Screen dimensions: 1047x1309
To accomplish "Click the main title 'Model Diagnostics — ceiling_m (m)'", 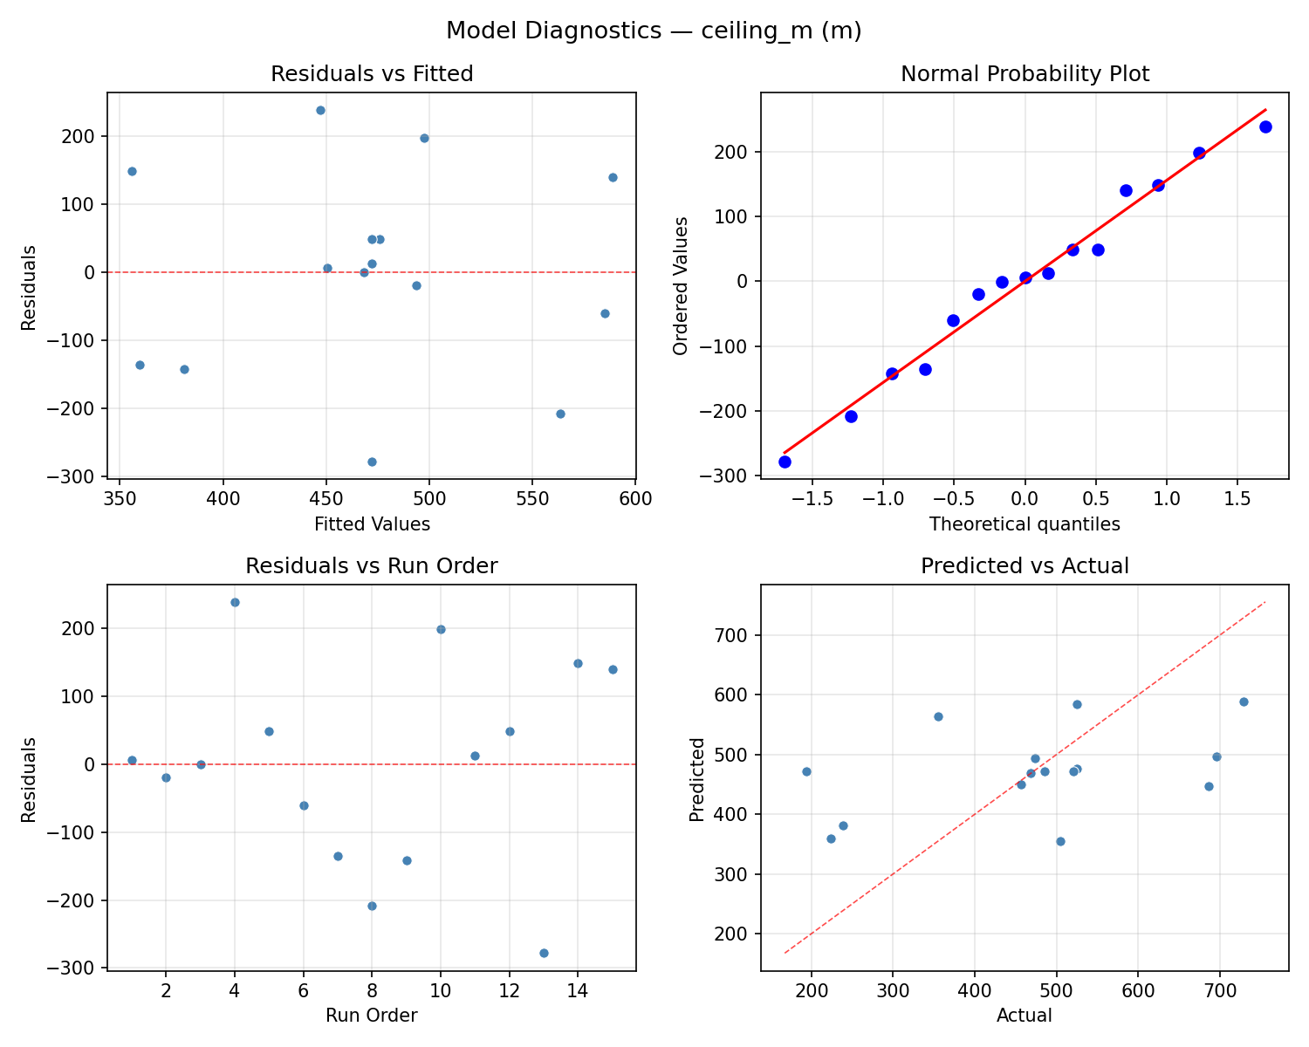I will [x=654, y=31].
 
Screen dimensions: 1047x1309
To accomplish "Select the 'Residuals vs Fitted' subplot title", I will [x=372, y=74].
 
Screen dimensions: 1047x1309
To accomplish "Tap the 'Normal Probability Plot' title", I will [x=1025, y=74].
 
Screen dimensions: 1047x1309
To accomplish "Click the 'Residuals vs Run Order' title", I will [x=372, y=566].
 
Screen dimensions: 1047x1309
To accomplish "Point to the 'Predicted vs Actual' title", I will [x=1025, y=566].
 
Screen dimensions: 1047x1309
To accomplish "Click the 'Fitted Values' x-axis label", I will [x=372, y=524].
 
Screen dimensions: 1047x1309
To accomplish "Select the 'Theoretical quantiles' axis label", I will [x=1025, y=524].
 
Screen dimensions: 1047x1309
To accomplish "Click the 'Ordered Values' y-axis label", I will [x=681, y=285].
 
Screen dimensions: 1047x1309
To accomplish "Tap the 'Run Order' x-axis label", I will [x=372, y=1016].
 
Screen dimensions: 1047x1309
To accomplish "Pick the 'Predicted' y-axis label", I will [x=696, y=779].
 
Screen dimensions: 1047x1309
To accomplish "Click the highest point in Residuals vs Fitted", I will [x=320, y=110].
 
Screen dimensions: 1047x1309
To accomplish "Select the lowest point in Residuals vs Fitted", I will [x=372, y=462].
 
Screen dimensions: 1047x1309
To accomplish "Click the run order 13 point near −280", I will [x=544, y=953].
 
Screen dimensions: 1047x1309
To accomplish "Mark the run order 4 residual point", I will [x=235, y=602].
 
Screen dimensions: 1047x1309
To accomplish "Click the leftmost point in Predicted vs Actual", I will [x=806, y=771].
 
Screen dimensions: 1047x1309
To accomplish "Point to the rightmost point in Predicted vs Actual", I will [x=1244, y=701].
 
